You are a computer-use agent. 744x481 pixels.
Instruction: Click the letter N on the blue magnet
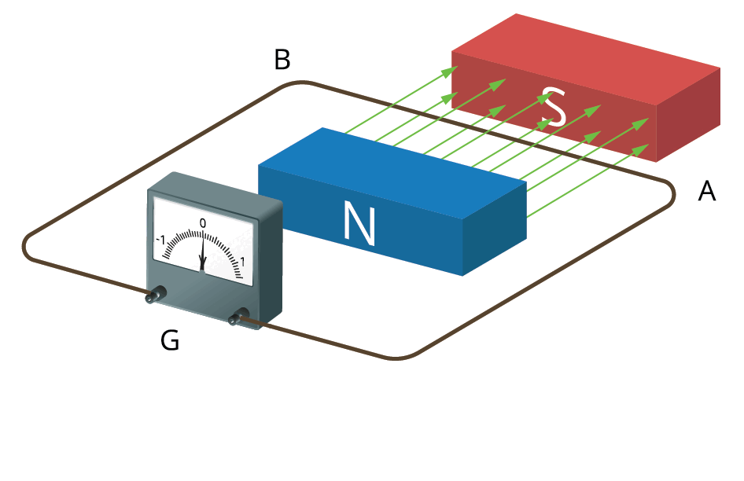point(359,222)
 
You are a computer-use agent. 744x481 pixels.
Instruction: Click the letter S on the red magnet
point(555,108)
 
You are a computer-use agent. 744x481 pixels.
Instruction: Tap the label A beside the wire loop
point(707,191)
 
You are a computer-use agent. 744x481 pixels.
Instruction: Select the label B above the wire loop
point(282,60)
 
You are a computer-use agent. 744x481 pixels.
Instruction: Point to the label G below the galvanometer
point(169,340)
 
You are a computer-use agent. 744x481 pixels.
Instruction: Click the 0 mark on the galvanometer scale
point(203,223)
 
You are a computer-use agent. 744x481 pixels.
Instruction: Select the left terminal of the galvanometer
point(154,296)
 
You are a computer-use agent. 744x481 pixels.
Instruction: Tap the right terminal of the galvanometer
point(235,318)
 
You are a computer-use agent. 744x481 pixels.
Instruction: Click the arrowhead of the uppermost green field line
point(451,71)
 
